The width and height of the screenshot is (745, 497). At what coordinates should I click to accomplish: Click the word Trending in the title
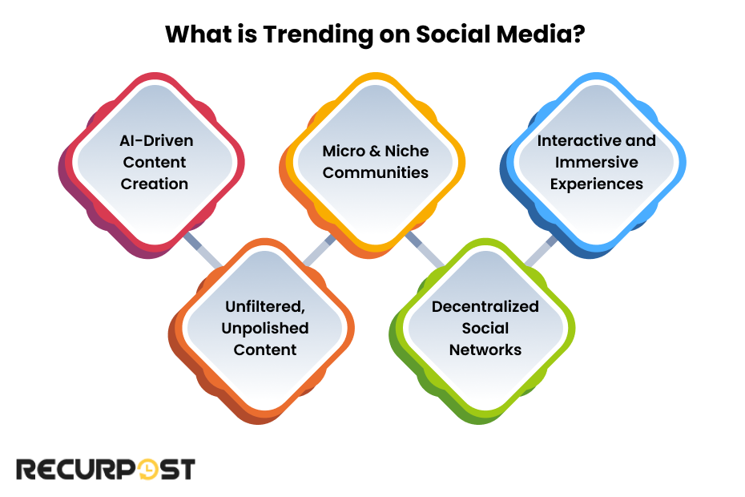[x=318, y=35]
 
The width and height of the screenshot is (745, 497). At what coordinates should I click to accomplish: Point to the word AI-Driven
[x=156, y=141]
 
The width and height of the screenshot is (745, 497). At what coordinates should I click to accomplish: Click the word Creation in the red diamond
[x=155, y=184]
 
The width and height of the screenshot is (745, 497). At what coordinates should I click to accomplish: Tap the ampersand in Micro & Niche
[x=375, y=152]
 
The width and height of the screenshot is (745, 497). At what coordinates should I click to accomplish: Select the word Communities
[x=376, y=172]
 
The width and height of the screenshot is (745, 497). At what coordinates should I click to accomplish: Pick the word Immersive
[x=596, y=162]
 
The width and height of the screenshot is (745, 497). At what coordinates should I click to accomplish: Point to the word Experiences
[x=596, y=184]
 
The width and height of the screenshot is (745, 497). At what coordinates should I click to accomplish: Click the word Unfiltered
[x=265, y=307]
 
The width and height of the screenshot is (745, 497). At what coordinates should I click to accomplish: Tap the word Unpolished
[x=265, y=329]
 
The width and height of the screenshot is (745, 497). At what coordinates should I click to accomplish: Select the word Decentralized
[x=485, y=307]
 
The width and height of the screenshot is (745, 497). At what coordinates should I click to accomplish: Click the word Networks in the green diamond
[x=485, y=350]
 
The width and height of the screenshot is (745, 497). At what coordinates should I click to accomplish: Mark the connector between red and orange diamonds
[x=203, y=250]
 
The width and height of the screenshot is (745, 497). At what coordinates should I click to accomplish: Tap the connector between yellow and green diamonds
[x=425, y=249]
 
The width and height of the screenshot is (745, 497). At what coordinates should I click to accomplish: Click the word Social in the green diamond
[x=485, y=328]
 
